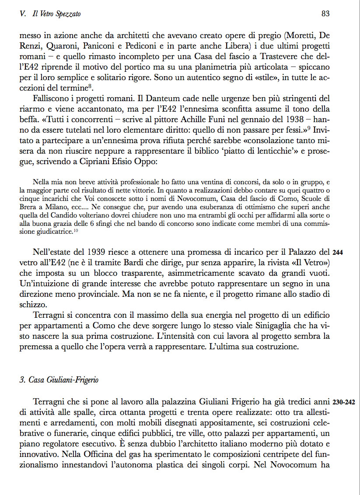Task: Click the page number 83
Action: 325,14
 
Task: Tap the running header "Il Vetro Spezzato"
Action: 56,14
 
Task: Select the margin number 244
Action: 337,253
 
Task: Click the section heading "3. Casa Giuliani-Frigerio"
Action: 59,380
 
